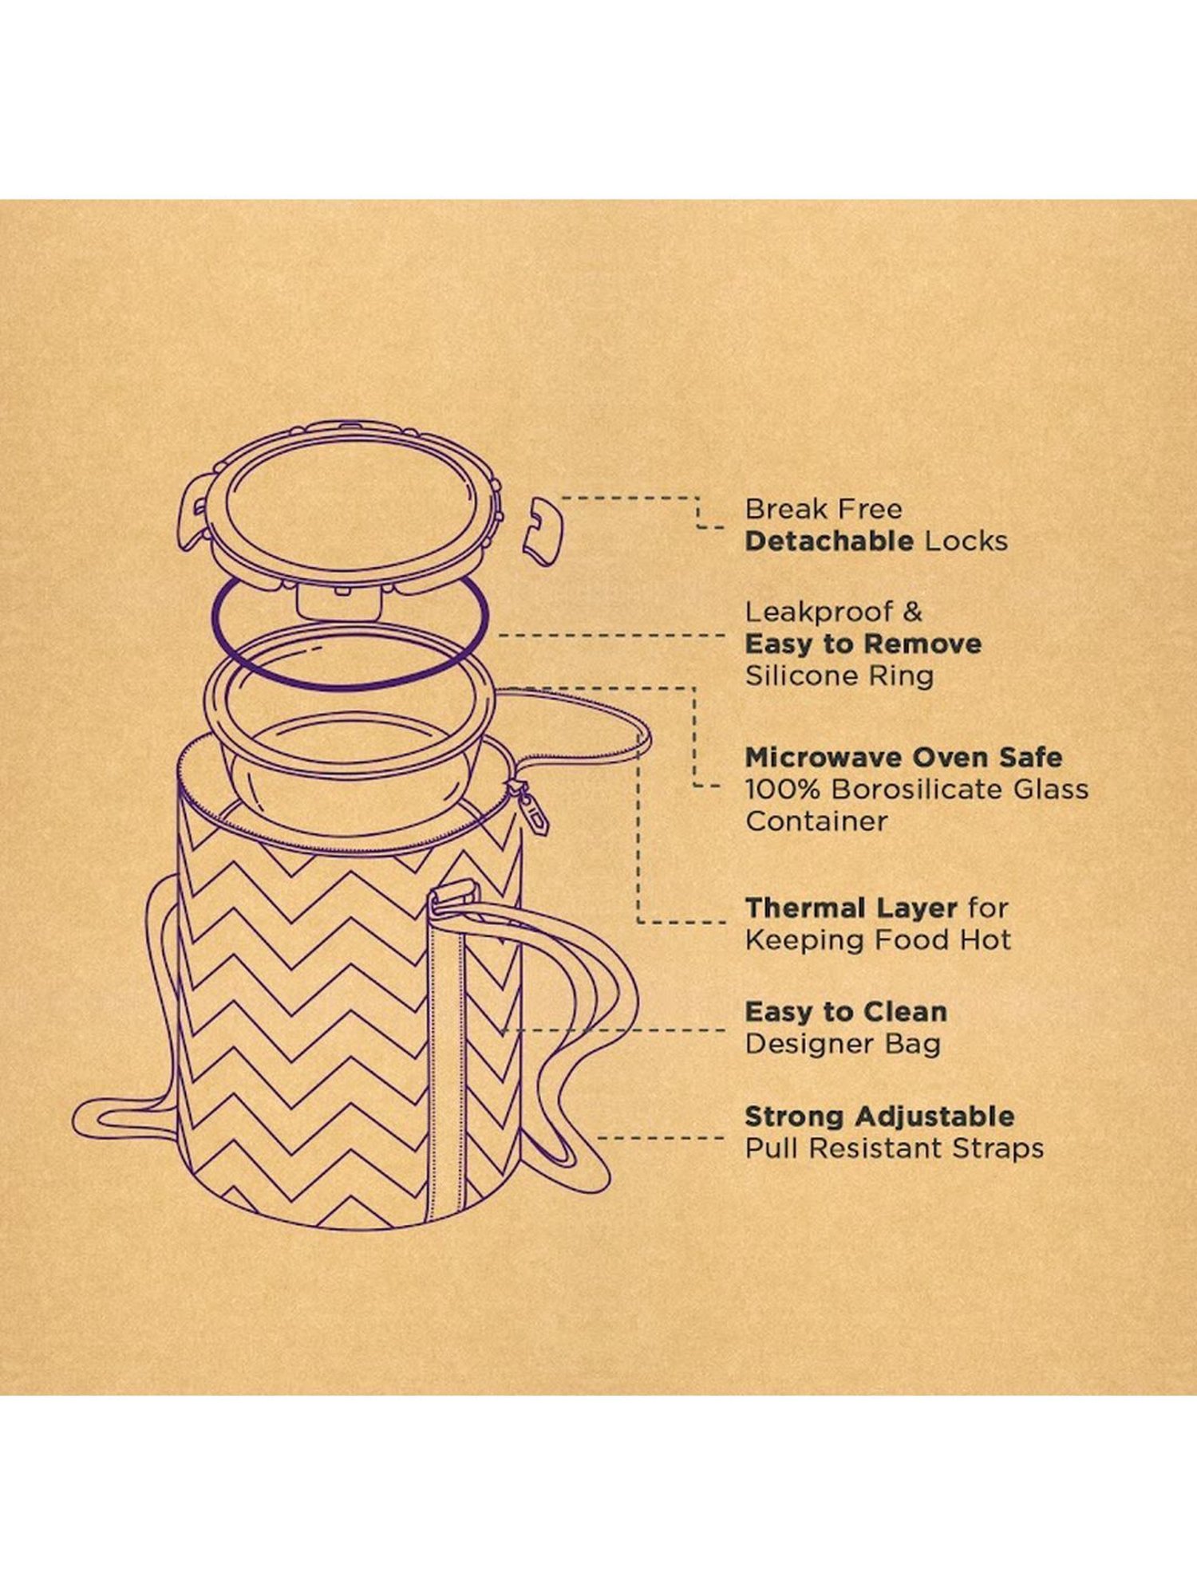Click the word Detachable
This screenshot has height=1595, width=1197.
pyautogui.click(x=829, y=541)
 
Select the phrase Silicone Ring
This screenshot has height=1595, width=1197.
pyautogui.click(x=839, y=676)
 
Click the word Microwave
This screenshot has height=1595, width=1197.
pyautogui.click(x=824, y=757)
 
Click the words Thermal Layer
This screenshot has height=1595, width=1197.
pyautogui.click(x=851, y=908)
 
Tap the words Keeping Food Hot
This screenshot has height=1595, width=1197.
pyautogui.click(x=878, y=940)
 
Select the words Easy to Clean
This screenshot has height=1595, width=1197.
pyautogui.click(x=846, y=1012)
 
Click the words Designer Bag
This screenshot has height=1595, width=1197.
pyautogui.click(x=843, y=1044)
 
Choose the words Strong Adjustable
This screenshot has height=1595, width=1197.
pyautogui.click(x=879, y=1116)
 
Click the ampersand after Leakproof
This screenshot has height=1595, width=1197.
pyautogui.click(x=912, y=612)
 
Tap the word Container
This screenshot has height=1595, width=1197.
pyautogui.click(x=816, y=821)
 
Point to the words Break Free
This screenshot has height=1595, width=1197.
pyautogui.click(x=824, y=509)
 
